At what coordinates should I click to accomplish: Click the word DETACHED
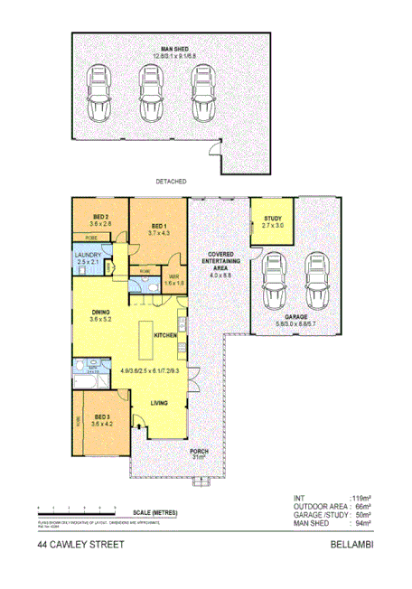[x=171, y=182]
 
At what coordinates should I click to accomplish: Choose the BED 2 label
[x=101, y=217]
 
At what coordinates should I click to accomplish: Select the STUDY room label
[x=273, y=220]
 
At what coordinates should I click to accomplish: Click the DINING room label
[x=99, y=315]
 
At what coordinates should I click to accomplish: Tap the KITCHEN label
[x=165, y=335]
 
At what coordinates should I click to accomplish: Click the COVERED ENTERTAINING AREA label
[x=221, y=262]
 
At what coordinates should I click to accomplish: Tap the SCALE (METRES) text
[x=153, y=513]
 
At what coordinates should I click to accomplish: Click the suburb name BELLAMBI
[x=351, y=545]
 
